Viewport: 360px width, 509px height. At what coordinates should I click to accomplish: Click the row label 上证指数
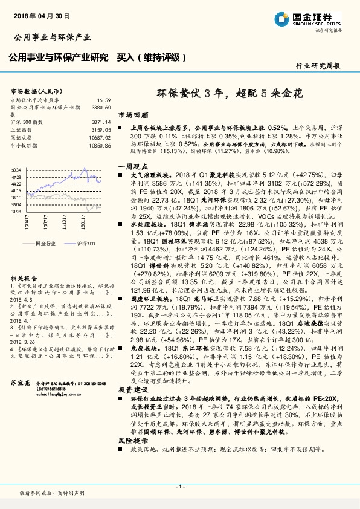tap(21, 130)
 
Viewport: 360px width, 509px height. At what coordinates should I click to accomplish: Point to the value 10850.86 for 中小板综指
tap(100, 146)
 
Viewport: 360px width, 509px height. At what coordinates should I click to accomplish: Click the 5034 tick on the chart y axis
tap(16, 170)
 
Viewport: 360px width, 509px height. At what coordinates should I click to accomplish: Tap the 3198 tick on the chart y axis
tap(16, 212)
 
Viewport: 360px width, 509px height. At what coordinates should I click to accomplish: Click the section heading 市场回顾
tap(132, 114)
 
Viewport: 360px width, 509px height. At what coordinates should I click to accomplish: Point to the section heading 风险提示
tap(132, 441)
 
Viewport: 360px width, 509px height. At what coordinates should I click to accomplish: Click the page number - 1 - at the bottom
tap(179, 487)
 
